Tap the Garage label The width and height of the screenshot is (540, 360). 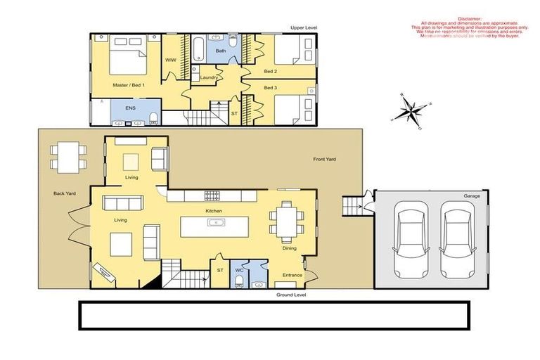point(471,195)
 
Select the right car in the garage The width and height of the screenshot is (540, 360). point(458,238)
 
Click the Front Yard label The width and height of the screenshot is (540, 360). point(324,160)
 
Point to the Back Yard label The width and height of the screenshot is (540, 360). point(65,193)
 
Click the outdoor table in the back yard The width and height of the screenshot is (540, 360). point(67,155)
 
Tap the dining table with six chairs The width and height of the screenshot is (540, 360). point(287,218)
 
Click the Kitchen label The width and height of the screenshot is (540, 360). point(214,211)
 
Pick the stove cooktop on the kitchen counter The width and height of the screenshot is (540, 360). point(212,195)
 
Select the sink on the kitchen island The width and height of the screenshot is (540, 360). point(215,224)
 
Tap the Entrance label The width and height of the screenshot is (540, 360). point(292,275)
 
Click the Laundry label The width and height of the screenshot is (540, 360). point(208,77)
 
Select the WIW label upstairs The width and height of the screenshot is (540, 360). point(170,60)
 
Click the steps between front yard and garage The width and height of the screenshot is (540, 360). point(351,205)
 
